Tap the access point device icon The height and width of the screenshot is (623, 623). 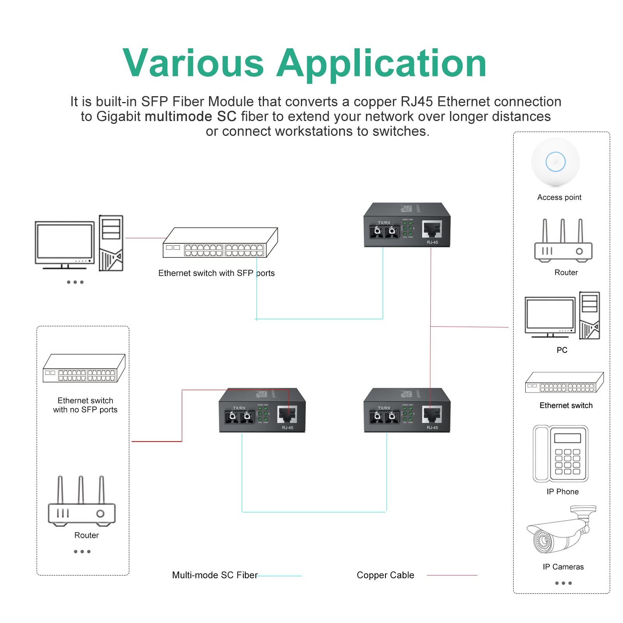[x=555, y=162]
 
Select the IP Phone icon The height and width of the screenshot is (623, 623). [x=560, y=454]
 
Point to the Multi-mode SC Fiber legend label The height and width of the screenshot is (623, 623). [x=215, y=575]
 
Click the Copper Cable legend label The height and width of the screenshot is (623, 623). [x=385, y=575]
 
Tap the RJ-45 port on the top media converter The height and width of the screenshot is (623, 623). [x=432, y=229]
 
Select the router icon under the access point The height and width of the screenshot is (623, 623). [x=563, y=241]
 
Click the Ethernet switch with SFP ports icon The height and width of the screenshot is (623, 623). [x=220, y=243]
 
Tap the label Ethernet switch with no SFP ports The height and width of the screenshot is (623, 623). [x=85, y=405]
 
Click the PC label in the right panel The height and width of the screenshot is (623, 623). [x=561, y=350]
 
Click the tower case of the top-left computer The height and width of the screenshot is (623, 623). [x=111, y=243]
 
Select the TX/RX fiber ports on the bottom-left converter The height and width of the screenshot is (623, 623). [x=239, y=417]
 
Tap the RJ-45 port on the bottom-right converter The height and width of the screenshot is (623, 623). [x=432, y=415]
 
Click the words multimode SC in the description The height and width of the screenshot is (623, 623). [x=190, y=116]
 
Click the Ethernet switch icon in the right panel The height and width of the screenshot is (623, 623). [x=564, y=383]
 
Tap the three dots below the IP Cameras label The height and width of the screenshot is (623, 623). [x=563, y=583]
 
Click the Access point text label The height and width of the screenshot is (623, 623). [x=559, y=197]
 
